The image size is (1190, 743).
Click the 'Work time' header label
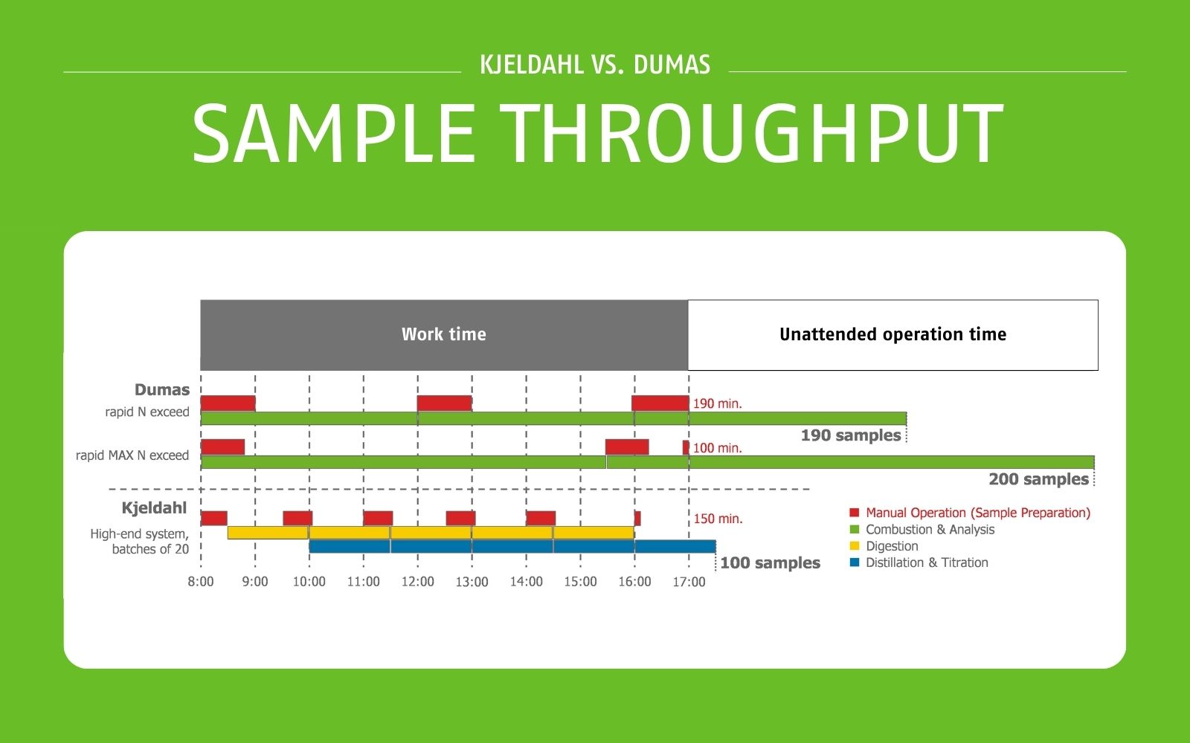[444, 334]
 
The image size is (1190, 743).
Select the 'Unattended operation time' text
[892, 334]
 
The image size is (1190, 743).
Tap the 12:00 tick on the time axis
[417, 582]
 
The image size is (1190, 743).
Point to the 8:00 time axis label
[200, 582]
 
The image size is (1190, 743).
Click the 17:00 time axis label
[689, 582]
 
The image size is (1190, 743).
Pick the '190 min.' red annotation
[717, 404]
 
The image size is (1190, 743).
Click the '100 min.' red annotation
[717, 448]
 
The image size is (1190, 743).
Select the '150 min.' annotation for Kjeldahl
[718, 519]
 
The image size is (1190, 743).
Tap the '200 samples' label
[1038, 479]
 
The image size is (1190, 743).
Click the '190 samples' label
[851, 435]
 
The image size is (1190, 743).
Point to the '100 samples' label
[770, 563]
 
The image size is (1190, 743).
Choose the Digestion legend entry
[892, 546]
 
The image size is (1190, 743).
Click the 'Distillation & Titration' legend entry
[927, 562]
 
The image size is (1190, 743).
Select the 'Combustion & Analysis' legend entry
[930, 530]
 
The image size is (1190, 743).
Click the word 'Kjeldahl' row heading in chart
[154, 508]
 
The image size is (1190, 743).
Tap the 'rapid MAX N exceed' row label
[132, 455]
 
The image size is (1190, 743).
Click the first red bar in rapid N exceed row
[228, 403]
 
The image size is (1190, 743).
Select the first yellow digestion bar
[268, 533]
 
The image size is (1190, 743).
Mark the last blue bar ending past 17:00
[675, 547]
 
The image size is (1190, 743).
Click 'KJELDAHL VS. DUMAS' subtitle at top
[595, 65]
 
